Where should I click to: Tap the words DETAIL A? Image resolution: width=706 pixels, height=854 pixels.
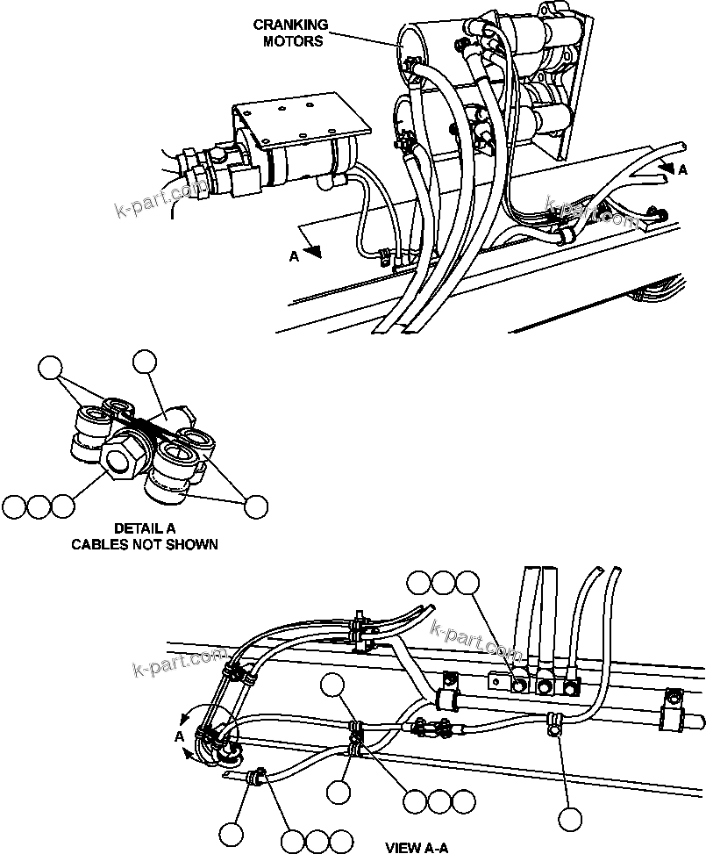[x=144, y=528]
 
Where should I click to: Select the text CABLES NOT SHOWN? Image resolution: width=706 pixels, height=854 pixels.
[x=144, y=544]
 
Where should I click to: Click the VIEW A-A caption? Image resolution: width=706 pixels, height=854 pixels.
[x=417, y=847]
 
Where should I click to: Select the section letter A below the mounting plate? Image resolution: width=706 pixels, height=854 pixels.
[x=295, y=256]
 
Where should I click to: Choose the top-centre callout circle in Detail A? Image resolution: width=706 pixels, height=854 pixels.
[x=144, y=361]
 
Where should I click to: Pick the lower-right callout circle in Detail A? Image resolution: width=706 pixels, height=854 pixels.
[x=255, y=506]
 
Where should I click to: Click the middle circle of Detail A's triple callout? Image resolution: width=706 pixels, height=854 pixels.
[x=38, y=506]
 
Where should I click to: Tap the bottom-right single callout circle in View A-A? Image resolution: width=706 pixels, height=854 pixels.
[x=570, y=820]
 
